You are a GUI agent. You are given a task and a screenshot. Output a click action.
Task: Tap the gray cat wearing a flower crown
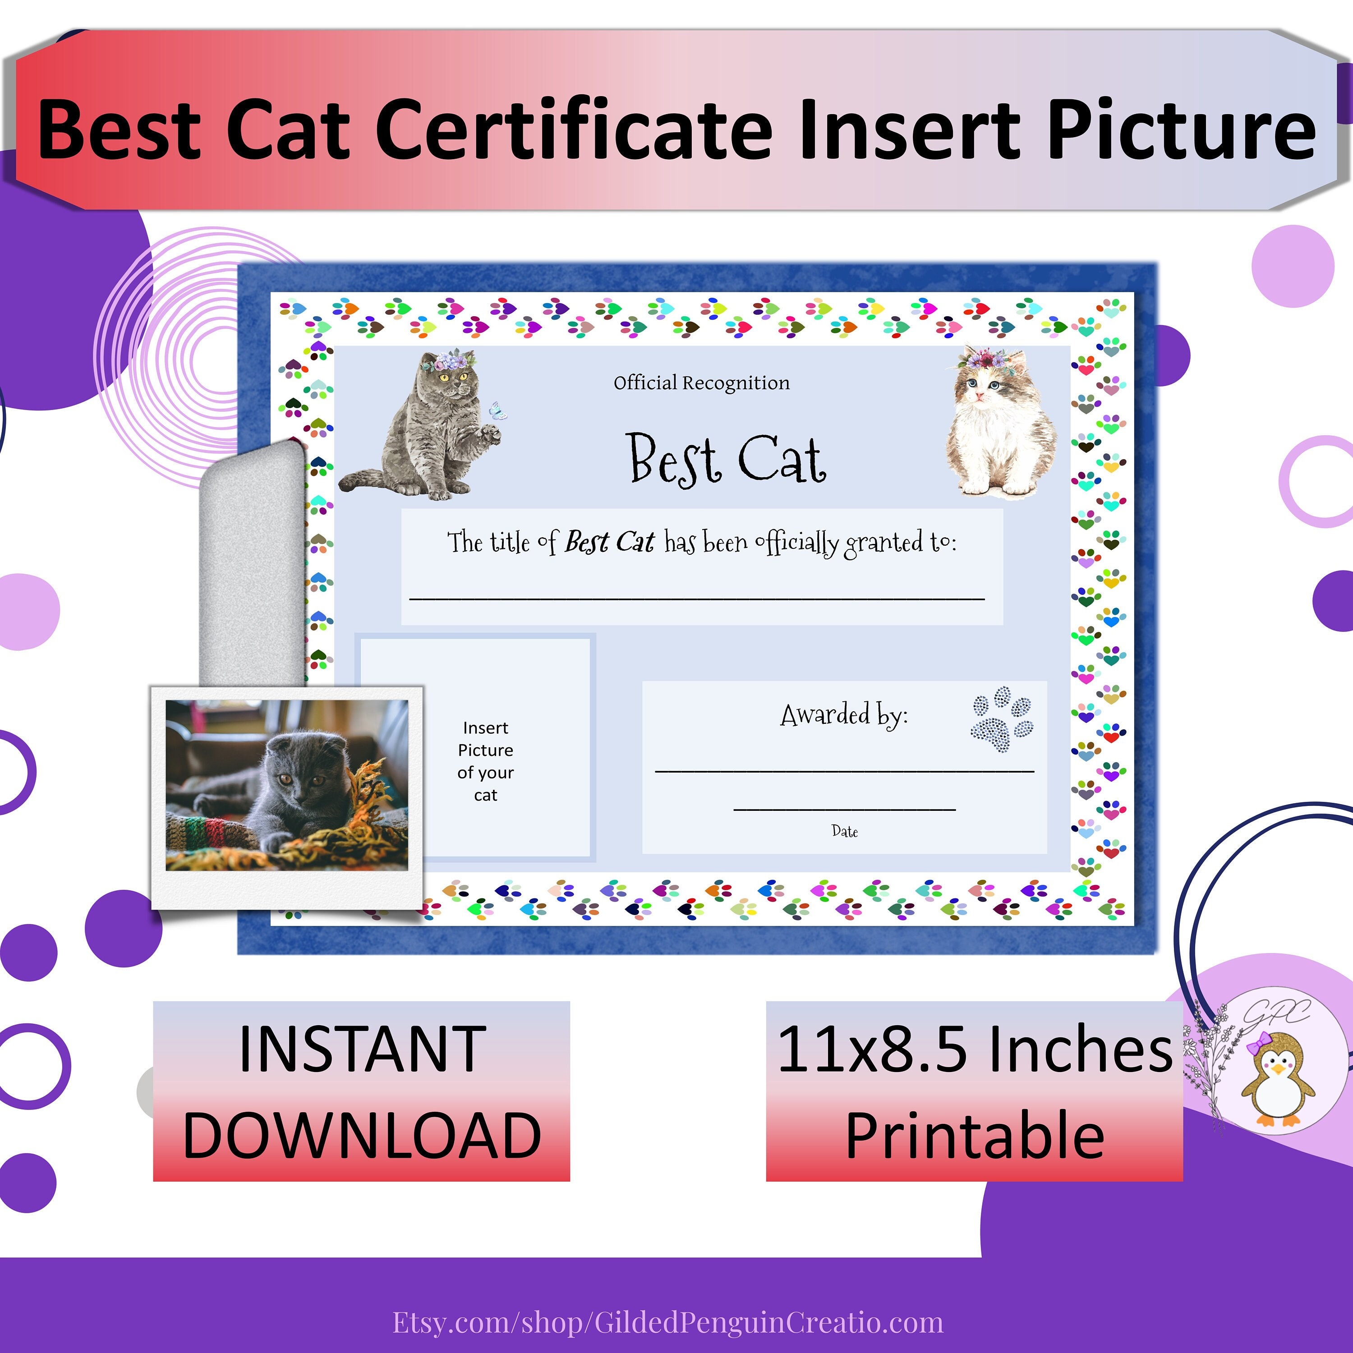[431, 427]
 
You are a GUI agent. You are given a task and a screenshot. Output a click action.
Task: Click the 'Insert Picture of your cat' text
[485, 761]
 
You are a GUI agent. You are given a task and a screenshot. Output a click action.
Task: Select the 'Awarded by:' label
[844, 715]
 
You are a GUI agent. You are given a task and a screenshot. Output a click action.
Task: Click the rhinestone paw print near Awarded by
[1001, 718]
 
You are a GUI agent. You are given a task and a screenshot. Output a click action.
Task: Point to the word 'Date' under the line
[845, 831]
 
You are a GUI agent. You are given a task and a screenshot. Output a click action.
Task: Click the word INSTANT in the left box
[362, 1049]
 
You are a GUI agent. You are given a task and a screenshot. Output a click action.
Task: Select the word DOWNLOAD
[362, 1136]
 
